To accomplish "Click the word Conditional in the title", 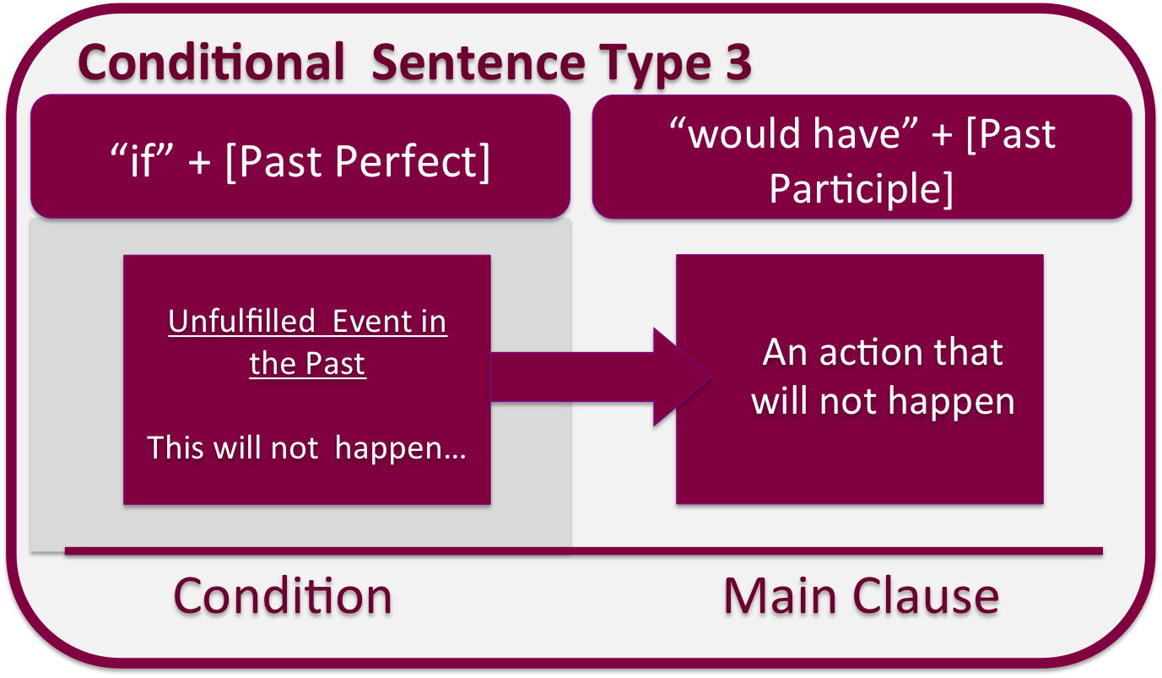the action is (212, 62).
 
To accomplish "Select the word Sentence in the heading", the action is (478, 62).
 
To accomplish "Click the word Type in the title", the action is (655, 66).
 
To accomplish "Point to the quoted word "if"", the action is (141, 160).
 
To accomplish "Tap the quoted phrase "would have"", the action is (794, 133).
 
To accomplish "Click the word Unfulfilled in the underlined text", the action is (241, 321).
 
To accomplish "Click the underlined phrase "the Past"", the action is (307, 363).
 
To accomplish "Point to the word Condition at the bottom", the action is (282, 596).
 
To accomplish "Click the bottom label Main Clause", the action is (861, 596).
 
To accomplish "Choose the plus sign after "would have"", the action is (943, 134).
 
